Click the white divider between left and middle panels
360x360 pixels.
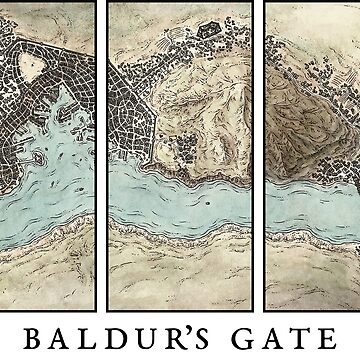(x=100, y=150)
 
